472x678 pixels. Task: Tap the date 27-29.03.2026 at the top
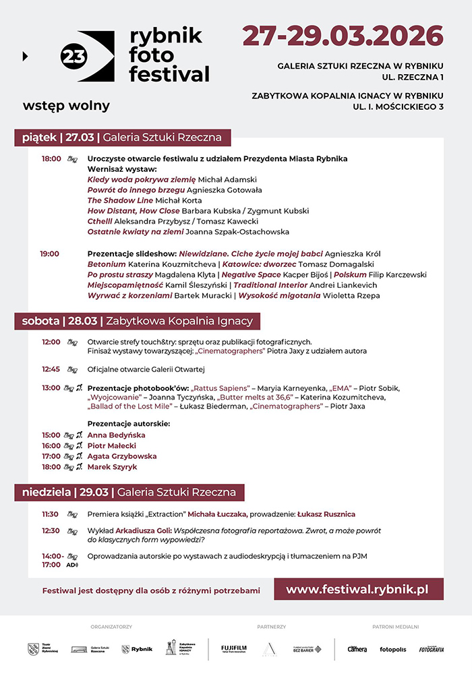click(343, 36)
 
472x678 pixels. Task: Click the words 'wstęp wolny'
click(66, 106)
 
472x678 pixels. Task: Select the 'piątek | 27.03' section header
click(122, 137)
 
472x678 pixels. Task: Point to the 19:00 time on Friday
click(49, 253)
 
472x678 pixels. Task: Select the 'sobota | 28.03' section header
click(137, 321)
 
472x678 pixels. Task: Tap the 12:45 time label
click(51, 369)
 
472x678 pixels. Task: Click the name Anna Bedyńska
click(116, 435)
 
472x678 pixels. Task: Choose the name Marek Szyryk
click(112, 466)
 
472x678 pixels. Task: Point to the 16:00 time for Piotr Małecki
click(51, 445)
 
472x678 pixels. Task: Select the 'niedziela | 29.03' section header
click(129, 492)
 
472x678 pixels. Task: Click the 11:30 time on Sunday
click(51, 514)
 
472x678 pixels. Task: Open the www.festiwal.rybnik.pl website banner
click(357, 589)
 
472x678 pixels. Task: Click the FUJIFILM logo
click(233, 649)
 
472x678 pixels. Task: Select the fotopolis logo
click(392, 649)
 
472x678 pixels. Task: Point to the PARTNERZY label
click(271, 627)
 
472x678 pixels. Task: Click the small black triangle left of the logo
click(25, 57)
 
